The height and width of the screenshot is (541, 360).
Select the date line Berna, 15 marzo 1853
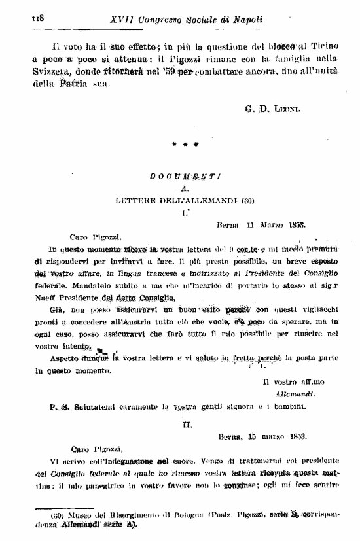(262, 435)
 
